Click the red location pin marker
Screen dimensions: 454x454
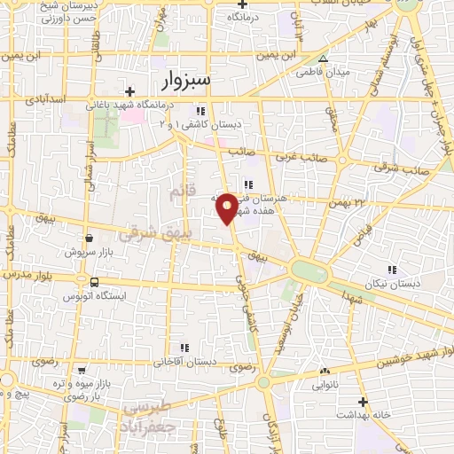(227, 207)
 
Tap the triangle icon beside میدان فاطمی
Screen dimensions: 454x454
(324, 59)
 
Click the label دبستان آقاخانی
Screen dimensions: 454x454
(184, 362)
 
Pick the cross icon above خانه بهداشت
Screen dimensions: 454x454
(338, 414)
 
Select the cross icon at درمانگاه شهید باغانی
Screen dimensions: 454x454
(129, 91)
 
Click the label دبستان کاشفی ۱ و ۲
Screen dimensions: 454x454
(189, 123)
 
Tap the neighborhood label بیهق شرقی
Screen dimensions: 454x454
(148, 228)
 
